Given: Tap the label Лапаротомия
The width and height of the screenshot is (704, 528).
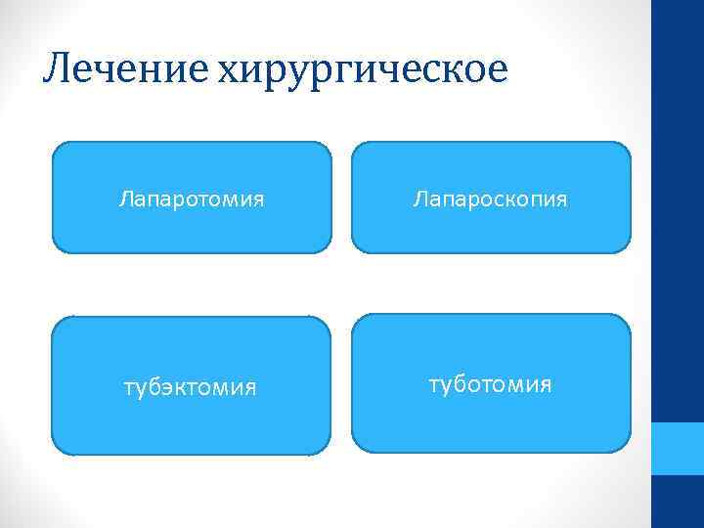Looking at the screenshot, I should pos(192,199).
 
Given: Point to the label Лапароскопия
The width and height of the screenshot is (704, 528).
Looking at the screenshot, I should pos(491,199).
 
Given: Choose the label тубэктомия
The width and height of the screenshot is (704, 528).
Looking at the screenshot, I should pos(190,388).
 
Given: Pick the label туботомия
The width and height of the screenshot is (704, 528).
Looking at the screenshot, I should pos(490,383).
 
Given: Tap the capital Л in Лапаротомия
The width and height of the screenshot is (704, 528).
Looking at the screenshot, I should pos(125,199).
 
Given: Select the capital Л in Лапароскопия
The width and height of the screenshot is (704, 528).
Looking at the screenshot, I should pos(419,199).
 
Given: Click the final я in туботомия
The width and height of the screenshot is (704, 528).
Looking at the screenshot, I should pos(546,383).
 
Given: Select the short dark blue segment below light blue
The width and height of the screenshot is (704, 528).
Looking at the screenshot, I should pos(678,502).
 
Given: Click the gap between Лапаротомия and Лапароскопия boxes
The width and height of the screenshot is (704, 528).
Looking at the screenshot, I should pos(341,198).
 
